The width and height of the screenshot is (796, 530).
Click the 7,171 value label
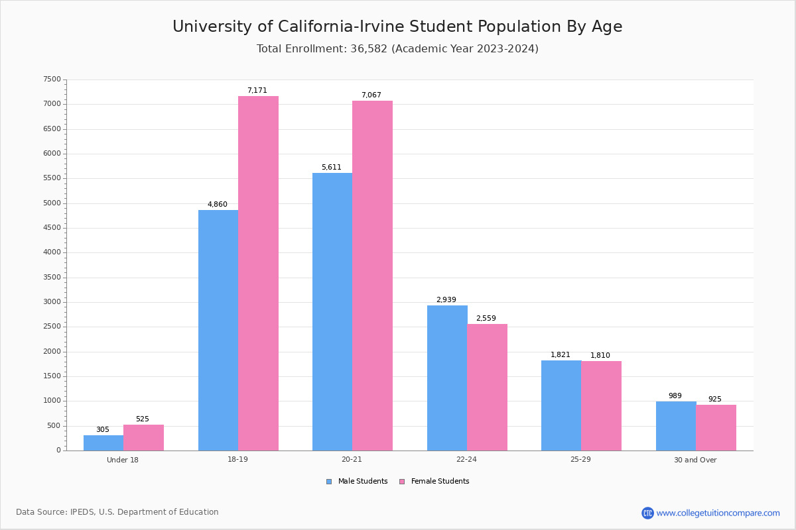point(257,91)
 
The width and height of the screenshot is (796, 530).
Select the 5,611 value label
point(332,168)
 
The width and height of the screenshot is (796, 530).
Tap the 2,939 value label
point(446,300)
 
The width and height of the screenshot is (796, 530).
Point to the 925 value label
point(715,399)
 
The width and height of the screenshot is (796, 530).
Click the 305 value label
point(103,430)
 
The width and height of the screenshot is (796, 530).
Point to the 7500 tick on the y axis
point(52,79)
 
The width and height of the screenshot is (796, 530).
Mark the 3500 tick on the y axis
point(52,278)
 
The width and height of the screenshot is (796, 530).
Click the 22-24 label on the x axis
point(466,460)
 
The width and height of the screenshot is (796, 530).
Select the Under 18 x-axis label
point(123,460)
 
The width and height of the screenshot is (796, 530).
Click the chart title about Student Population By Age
point(397,26)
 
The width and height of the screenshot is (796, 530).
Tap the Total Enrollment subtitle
point(397,49)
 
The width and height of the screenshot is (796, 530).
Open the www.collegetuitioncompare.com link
point(718,513)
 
